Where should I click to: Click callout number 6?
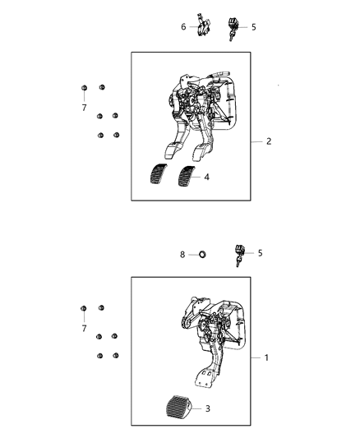tap(183, 26)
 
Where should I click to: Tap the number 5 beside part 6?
tap(253, 27)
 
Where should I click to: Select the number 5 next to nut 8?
tap(260, 253)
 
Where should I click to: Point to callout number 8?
tap(183, 255)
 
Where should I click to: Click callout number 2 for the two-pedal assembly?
tap(269, 141)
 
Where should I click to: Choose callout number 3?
tap(207, 408)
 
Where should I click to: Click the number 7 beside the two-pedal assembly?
tap(84, 108)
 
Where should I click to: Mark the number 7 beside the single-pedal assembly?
tap(84, 329)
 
